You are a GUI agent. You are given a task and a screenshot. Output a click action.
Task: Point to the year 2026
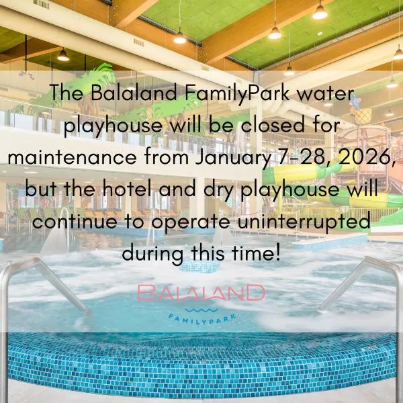tap(365, 158)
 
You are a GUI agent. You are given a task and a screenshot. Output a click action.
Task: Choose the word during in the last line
tap(151, 253)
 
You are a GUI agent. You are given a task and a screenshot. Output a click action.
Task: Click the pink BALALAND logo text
tap(201, 294)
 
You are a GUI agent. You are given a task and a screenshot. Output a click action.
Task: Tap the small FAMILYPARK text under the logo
tap(201, 318)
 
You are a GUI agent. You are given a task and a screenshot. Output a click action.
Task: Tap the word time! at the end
tap(256, 253)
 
